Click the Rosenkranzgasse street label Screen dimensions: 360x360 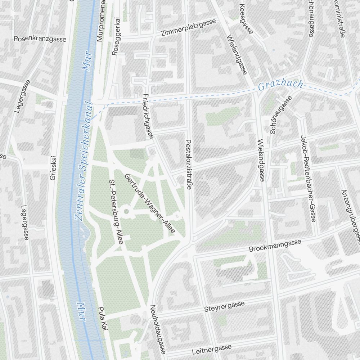coord(40,39)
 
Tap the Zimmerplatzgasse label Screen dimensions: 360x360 coord(189,28)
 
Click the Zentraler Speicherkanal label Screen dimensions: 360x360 coord(84,162)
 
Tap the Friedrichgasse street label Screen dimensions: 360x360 coord(148,116)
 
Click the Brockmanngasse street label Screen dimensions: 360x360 coord(275,246)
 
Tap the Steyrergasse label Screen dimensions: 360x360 coord(224,307)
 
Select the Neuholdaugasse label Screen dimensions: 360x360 coord(158,329)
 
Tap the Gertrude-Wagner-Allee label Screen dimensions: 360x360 coord(149,203)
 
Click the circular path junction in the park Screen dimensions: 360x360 coord(126,211)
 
